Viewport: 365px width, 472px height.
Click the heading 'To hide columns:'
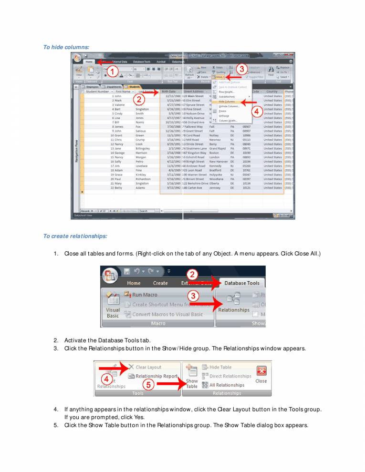click(x=66, y=47)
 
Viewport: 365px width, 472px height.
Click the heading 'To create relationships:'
click(x=75, y=236)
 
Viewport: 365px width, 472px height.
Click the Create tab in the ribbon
click(x=160, y=283)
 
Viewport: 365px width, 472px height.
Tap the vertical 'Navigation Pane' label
click(x=76, y=152)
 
